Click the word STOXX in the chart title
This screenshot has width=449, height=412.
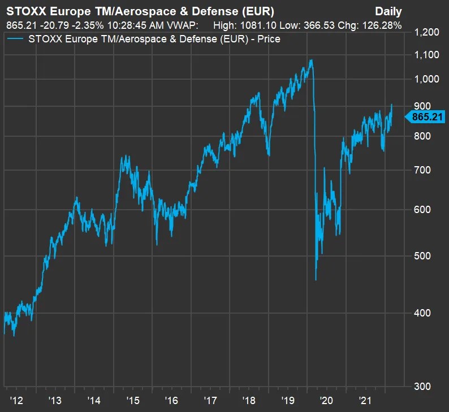[24, 11]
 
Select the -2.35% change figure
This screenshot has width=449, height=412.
[84, 25]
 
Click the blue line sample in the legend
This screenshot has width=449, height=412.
[15, 39]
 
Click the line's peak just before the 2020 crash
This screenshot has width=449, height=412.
[310, 59]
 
